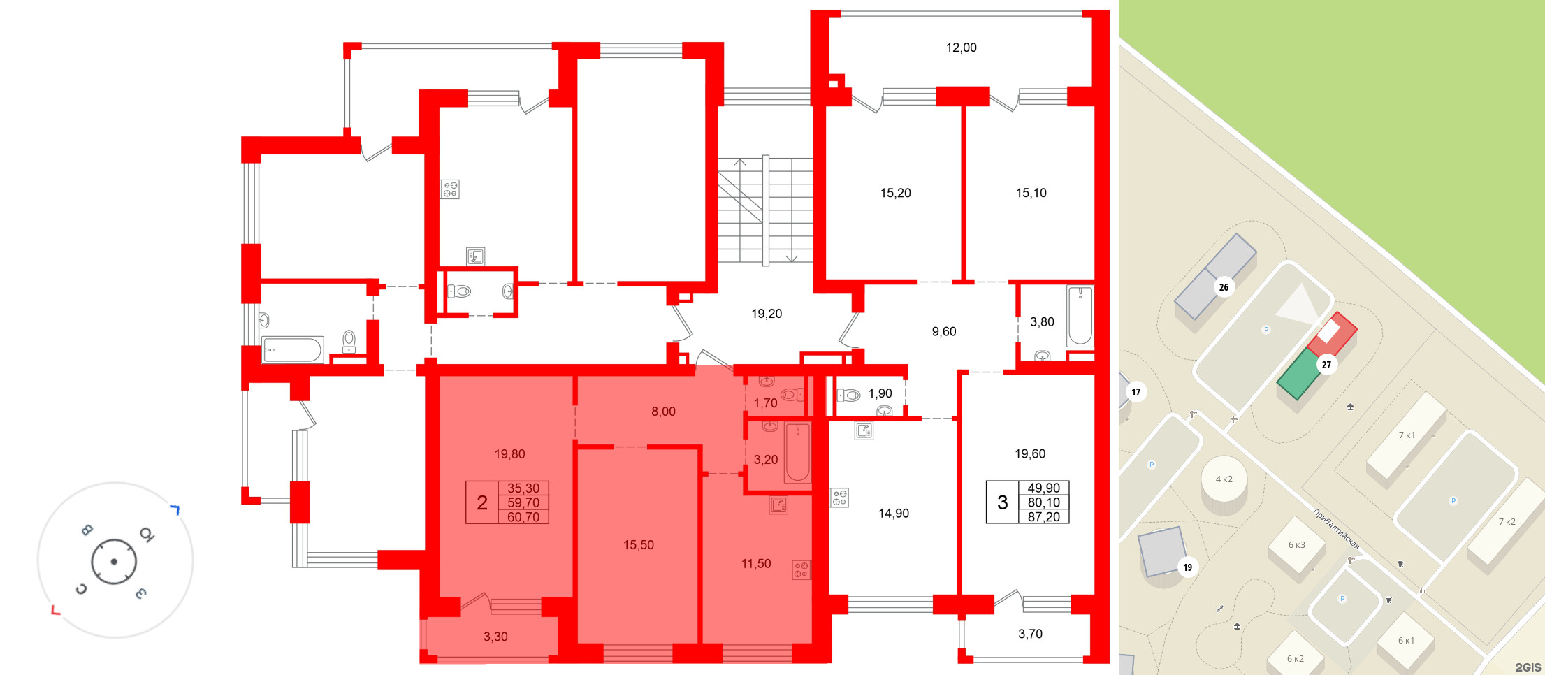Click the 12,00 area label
(x=961, y=48)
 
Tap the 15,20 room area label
(x=895, y=193)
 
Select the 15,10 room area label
(x=1031, y=193)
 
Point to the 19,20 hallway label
(x=767, y=314)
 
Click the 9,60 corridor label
(x=944, y=331)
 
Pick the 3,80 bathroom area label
(x=1042, y=322)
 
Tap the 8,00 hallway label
(x=663, y=412)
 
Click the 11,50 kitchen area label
(x=756, y=563)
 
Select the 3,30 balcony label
(x=495, y=637)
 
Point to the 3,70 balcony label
(x=1030, y=634)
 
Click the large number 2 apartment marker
(x=482, y=502)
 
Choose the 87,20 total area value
(x=1043, y=517)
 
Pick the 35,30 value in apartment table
(x=523, y=488)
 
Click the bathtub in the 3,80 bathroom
(x=1080, y=316)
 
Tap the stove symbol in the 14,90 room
(x=839, y=498)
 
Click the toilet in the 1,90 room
(x=848, y=395)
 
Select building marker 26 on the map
(x=1224, y=287)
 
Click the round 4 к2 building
(x=1224, y=480)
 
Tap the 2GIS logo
(x=1528, y=667)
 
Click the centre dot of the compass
(x=114, y=561)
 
